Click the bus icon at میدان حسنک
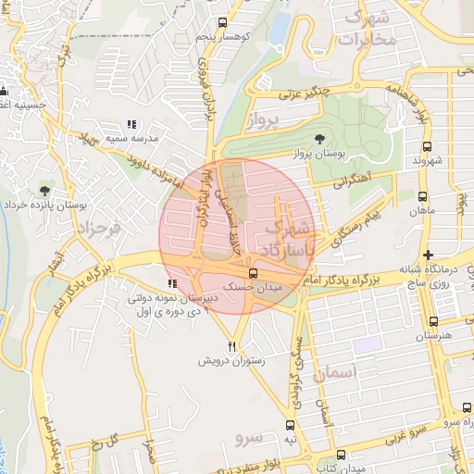click(253, 273)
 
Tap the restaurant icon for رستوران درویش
click(233, 345)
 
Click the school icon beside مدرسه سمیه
click(131, 123)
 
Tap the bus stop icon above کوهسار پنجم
click(222, 22)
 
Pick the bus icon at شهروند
click(426, 146)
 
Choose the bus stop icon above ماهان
click(422, 196)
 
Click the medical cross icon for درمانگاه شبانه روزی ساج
click(427, 255)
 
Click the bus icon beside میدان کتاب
click(343, 455)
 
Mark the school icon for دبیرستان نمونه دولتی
click(170, 283)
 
